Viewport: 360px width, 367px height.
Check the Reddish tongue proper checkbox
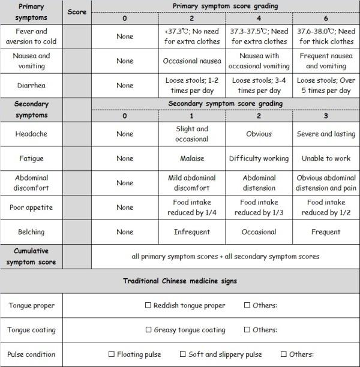(148, 305)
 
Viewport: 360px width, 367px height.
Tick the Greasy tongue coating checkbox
(148, 330)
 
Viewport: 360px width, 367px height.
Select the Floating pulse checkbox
(112, 354)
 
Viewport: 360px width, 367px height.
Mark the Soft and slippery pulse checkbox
(184, 354)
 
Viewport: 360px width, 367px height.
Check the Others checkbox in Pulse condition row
(284, 354)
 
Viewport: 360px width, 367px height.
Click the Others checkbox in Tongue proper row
(247, 305)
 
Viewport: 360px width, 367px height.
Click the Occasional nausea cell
(191, 61)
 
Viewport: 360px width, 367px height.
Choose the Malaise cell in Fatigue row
(191, 158)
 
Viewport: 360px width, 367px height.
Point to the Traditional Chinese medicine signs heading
(180, 281)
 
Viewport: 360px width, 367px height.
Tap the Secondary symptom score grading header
(225, 104)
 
